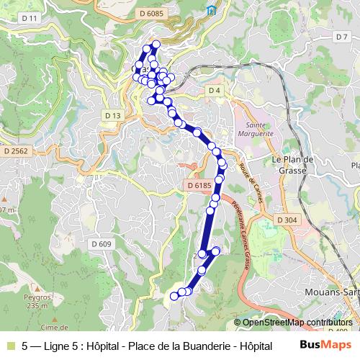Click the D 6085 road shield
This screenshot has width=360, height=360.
153,13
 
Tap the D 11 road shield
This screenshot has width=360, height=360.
30,18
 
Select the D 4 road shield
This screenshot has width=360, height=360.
214,90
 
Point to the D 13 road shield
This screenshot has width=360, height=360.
112,115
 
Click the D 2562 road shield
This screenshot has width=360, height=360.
14,151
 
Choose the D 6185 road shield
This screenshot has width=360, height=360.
199,186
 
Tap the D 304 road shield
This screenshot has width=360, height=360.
286,220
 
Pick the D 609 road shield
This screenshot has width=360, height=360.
102,245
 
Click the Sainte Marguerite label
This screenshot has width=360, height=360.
259,129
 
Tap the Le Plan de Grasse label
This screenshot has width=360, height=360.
290,165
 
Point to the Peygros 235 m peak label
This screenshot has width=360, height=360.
35,302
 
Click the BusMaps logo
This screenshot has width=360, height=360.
325,345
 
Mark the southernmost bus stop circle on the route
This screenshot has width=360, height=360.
174,295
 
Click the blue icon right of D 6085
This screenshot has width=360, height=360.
211,10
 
